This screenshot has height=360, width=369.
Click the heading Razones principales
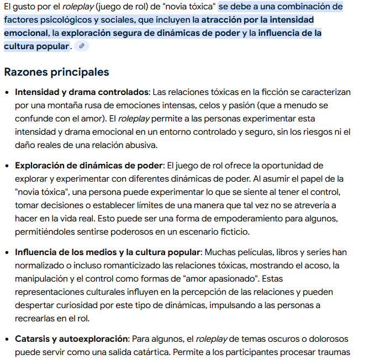56,72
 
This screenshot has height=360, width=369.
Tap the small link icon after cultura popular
82,46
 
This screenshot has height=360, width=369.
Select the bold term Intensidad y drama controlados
82,92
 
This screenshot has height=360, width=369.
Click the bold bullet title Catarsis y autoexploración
71,338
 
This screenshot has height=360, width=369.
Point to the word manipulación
40,279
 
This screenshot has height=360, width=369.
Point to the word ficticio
232,232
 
